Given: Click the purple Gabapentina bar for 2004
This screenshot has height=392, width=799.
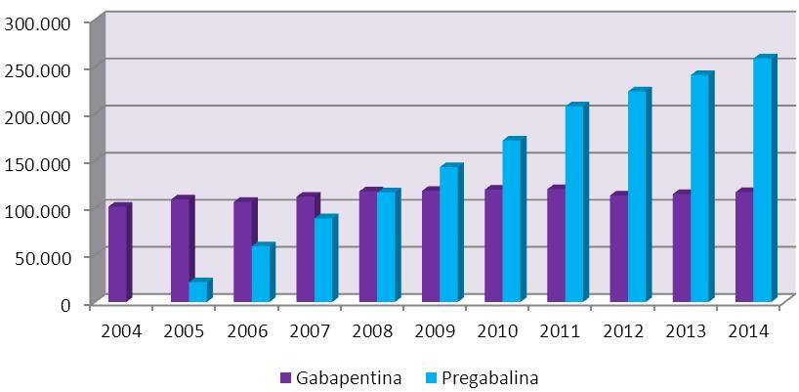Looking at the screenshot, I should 116,254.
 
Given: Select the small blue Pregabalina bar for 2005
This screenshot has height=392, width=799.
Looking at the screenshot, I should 197,291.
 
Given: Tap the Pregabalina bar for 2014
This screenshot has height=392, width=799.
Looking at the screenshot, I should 762,181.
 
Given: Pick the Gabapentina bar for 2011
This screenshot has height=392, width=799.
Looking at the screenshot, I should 556,245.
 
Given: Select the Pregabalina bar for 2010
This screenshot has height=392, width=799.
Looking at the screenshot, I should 511,222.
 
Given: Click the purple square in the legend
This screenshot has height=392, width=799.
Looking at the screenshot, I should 285,376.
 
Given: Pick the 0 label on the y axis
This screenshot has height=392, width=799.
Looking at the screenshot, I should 67,303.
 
